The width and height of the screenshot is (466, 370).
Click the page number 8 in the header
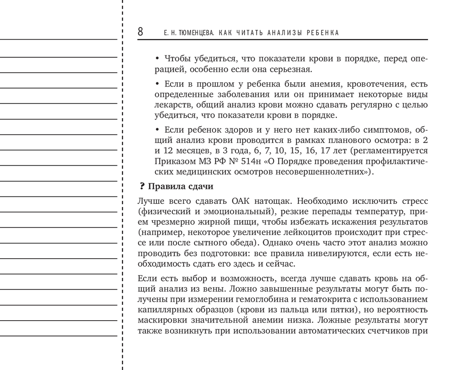pos(140,33)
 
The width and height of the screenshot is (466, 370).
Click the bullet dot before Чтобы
pos(157,60)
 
